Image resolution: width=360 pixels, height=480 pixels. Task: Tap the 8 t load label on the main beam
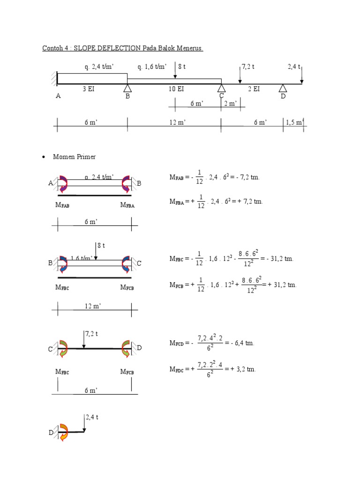coord(182,67)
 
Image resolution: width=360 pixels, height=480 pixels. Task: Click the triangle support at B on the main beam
coord(127,88)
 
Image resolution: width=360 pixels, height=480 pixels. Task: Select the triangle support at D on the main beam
coord(283,88)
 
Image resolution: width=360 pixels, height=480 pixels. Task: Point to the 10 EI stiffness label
coord(176,89)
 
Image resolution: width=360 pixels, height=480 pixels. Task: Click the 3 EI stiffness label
coord(89,89)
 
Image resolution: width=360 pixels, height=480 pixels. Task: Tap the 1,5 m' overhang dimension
coord(295,122)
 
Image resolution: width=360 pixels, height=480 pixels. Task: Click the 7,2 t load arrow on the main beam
coord(240,74)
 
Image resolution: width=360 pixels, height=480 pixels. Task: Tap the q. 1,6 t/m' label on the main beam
coord(152,67)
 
